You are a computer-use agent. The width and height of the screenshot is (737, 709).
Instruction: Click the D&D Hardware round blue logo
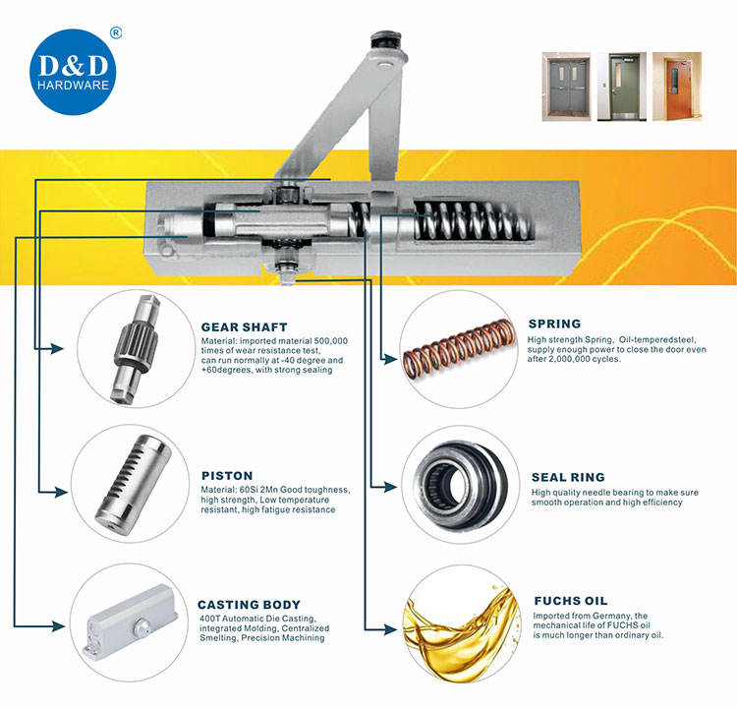[73, 72]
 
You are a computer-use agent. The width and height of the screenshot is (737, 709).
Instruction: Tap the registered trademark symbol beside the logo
[116, 32]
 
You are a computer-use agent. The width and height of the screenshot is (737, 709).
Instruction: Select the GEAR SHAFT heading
[244, 327]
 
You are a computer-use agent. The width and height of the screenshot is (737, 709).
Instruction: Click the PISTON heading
[227, 476]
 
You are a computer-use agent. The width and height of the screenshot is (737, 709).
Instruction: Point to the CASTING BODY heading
[249, 605]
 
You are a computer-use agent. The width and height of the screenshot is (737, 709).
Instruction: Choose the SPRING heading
[554, 324]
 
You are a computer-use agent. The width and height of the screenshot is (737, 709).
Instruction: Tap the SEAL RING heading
[568, 477]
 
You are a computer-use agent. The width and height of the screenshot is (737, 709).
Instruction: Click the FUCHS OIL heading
[571, 601]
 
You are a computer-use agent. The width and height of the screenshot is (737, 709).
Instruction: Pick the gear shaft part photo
[136, 349]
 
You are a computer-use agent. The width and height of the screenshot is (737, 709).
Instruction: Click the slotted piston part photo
[134, 485]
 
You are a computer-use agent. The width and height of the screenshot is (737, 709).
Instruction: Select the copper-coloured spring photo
[459, 349]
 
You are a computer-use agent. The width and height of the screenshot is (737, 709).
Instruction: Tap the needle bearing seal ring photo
[459, 485]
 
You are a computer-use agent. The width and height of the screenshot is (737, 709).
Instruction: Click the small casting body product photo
[130, 622]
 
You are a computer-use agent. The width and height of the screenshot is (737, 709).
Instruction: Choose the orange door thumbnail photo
[677, 87]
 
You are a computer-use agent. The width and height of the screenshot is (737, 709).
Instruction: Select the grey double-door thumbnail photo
[566, 87]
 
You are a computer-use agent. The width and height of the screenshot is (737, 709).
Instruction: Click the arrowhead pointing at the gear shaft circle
[57, 349]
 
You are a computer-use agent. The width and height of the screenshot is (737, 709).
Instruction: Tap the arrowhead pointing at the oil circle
[390, 629]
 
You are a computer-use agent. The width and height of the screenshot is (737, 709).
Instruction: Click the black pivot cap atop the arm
[386, 39]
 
